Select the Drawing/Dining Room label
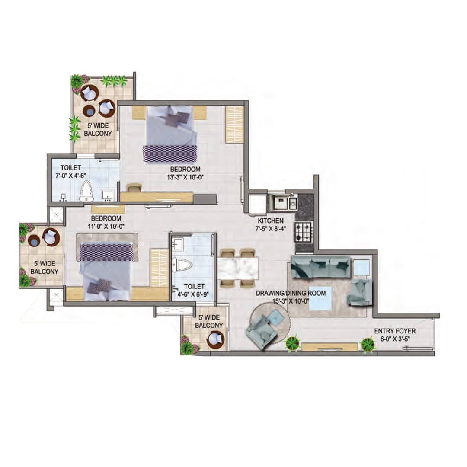pos(291,293)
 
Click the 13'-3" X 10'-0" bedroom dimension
pos(185,177)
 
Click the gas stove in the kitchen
pos(304,232)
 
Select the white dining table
pos(237,268)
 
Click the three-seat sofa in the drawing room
pos(320,266)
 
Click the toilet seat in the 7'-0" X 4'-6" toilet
pos(86,191)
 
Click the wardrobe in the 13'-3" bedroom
pos(234,124)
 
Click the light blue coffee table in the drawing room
pos(320,298)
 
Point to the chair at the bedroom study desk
pos(134,188)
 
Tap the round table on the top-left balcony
pos(90,111)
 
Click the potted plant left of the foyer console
pos(292,343)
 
